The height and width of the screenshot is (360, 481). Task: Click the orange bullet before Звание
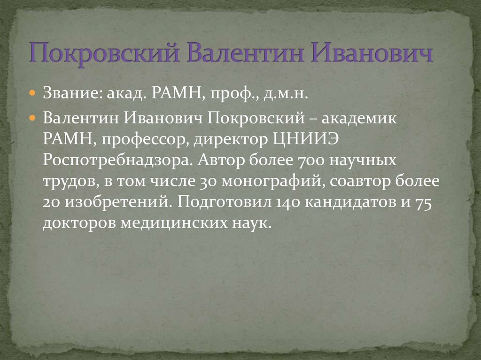coord(32,94)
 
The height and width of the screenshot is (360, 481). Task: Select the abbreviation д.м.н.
coord(285,94)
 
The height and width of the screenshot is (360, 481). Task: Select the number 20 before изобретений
coord(50,203)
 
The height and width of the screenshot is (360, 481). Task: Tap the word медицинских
coord(165,223)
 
